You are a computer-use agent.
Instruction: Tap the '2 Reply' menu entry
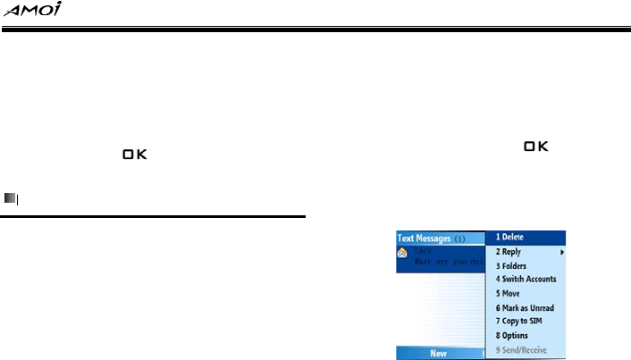tap(509, 252)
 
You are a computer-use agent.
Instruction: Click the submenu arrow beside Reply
tap(562, 252)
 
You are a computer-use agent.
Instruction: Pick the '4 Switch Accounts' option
tap(527, 279)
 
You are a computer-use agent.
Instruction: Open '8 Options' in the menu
tap(515, 335)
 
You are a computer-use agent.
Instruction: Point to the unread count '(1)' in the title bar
tap(462, 239)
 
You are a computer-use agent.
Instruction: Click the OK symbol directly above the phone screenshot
tap(536, 146)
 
